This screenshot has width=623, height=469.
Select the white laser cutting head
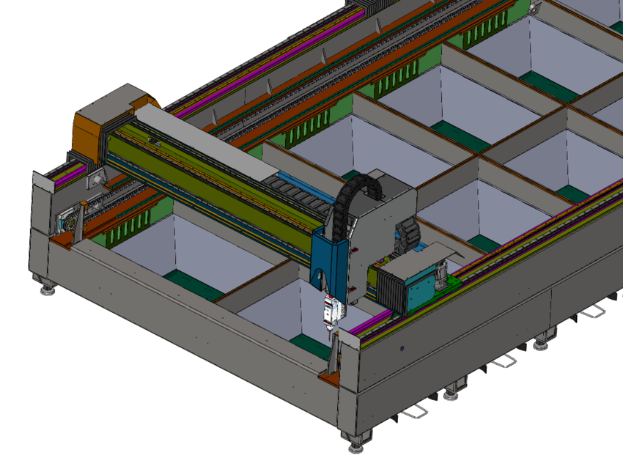pos(331,309)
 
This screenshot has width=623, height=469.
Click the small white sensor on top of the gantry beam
pos(155,139)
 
